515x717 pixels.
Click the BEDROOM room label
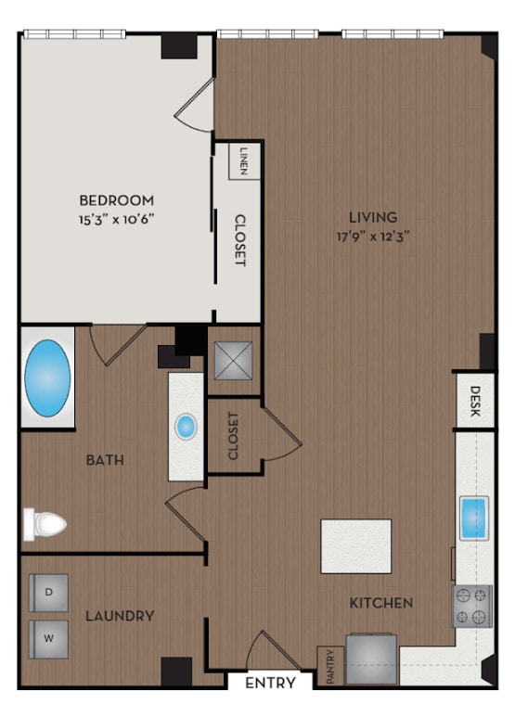116,199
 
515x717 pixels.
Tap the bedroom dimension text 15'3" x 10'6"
116,219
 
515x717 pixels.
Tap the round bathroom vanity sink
187,427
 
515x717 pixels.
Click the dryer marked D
47,590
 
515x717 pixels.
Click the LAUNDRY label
120,616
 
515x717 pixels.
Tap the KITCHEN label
380,603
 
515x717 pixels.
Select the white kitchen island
356,545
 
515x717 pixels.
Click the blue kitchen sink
473,519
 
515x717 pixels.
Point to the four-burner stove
471,606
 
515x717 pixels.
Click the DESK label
475,401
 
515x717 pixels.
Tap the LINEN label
243,161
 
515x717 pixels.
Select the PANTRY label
330,667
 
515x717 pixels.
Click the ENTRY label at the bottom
272,684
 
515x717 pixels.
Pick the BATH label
106,460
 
